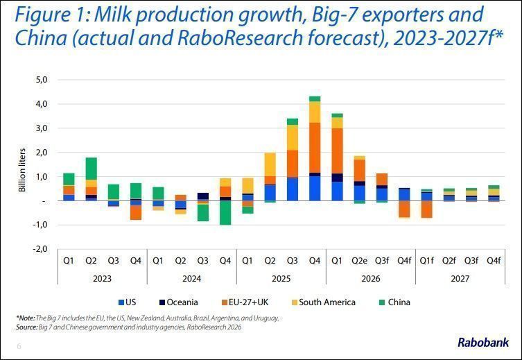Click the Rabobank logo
pos(483,343)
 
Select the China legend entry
pos(394,302)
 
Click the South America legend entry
pos(323,302)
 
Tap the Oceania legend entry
pos(178,302)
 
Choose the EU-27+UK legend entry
pos(245,302)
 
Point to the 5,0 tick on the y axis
pos(40,80)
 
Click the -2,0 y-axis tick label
pos(40,249)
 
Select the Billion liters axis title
pos(22,170)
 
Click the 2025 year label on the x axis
pos(281,278)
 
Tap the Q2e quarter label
pos(359,261)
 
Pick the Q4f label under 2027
pos(494,261)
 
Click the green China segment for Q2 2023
pos(91,169)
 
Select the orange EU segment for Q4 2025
pos(315,148)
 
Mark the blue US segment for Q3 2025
pos(293,189)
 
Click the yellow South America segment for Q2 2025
pos(270,164)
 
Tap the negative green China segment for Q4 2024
pos(225,213)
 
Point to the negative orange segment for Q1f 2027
pos(426,209)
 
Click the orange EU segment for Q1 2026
pos(337,151)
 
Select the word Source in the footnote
pos(26,327)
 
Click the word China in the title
pos(41,37)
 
